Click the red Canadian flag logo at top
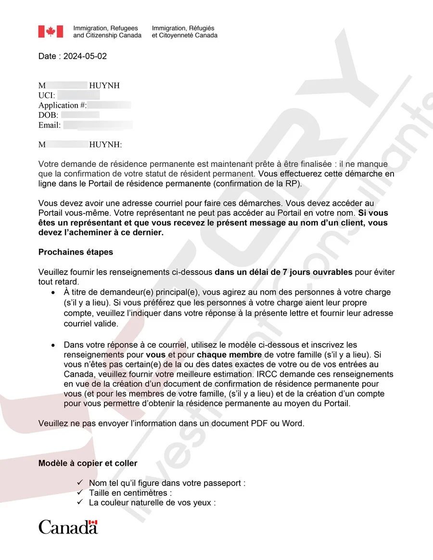coord(51,32)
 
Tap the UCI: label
coord(47,96)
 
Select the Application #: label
coord(63,105)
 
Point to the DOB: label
coord(48,115)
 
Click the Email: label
coord(50,125)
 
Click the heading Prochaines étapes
coord(76,252)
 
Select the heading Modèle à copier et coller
coord(88,463)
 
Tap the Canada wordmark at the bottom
coord(68,527)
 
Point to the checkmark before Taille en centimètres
coord(80,493)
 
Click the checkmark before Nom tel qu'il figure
coord(80,483)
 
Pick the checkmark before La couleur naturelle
coord(80,503)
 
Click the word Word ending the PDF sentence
coord(293,423)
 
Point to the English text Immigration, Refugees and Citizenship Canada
coord(107,32)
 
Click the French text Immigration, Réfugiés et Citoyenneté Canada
coord(184,32)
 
